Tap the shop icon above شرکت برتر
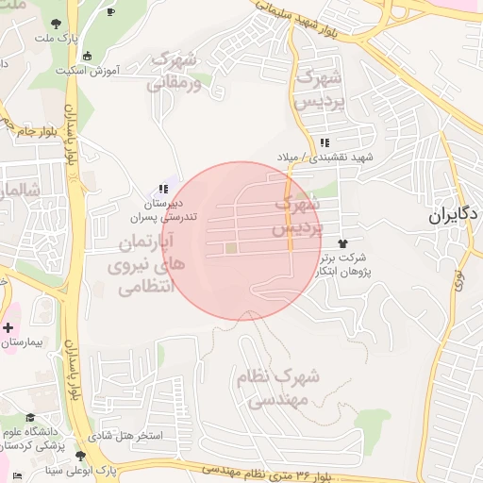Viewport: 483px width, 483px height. pos(355,242)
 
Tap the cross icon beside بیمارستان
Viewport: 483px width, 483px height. pos(8,328)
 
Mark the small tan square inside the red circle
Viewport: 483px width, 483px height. pos(231,249)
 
